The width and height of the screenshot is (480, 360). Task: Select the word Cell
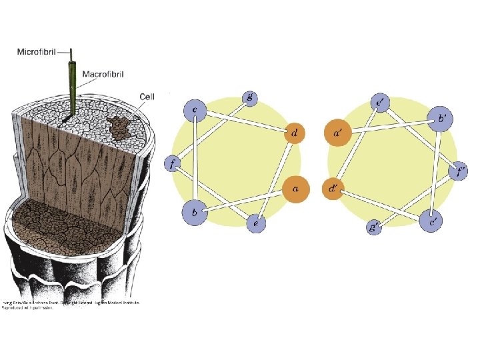click(147, 97)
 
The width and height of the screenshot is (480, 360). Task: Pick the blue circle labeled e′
click(379, 102)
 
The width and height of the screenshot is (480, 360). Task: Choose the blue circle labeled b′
click(439, 117)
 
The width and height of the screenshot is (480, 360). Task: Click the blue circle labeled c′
click(433, 221)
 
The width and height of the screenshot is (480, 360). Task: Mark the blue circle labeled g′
click(374, 227)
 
